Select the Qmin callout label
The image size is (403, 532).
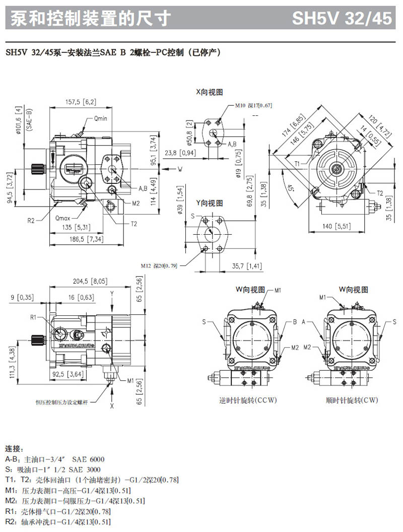point(100,119)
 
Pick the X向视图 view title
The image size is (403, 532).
point(209,92)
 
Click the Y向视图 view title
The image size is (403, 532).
point(209,203)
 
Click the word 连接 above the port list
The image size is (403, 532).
point(14,448)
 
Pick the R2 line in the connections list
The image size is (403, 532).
point(58,522)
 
